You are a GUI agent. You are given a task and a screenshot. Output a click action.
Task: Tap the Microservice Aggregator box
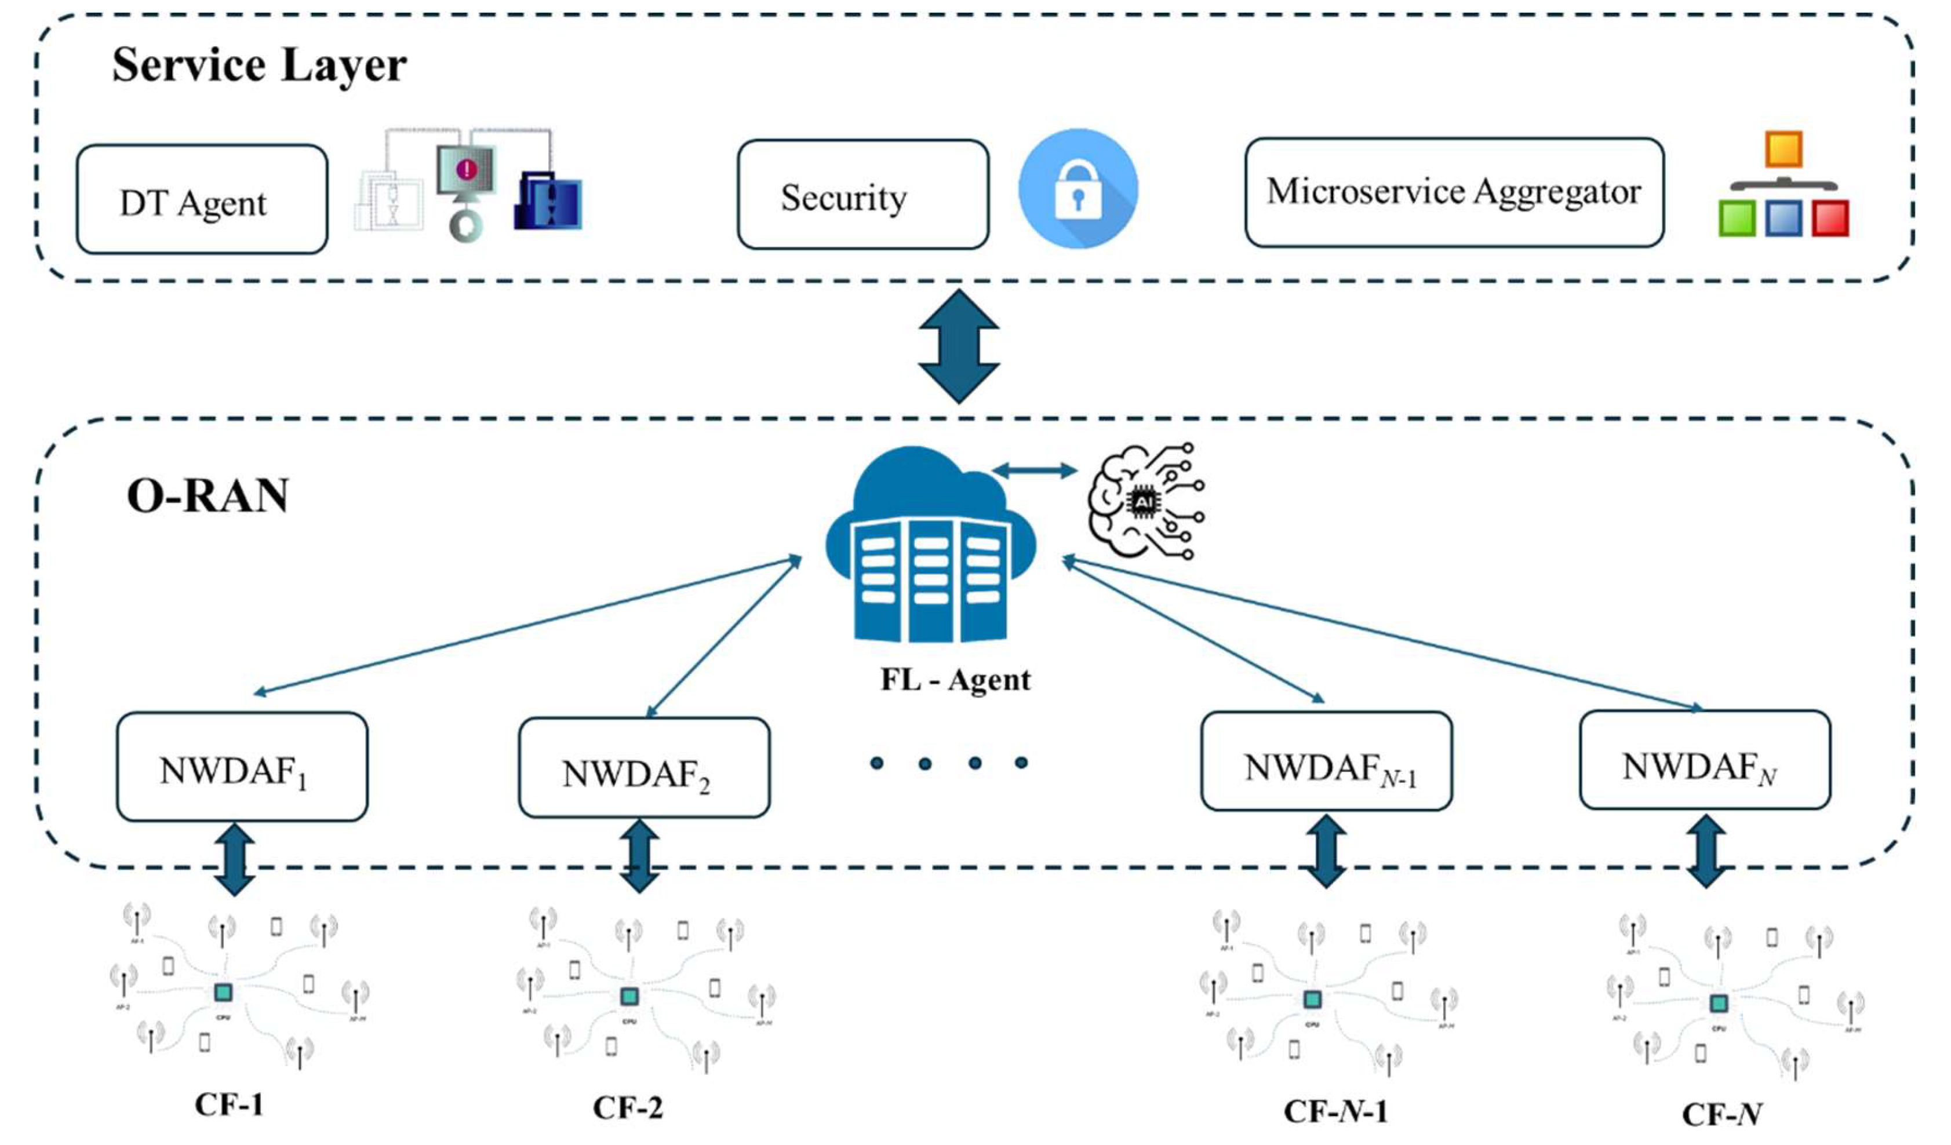pyautogui.click(x=1453, y=193)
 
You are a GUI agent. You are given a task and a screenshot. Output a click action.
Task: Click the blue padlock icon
pyautogui.click(x=1078, y=189)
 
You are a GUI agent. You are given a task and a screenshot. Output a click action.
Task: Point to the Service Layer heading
pyautogui.click(x=259, y=64)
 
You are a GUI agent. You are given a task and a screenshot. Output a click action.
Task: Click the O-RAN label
pyautogui.click(x=208, y=495)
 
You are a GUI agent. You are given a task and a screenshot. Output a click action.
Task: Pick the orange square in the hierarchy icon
pyautogui.click(x=1783, y=149)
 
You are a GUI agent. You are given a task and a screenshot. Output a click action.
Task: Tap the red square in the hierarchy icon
pyautogui.click(x=1830, y=218)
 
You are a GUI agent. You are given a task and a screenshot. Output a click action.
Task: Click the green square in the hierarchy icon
pyautogui.click(x=1737, y=218)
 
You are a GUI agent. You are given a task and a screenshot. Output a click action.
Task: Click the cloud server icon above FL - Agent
pyautogui.click(x=931, y=546)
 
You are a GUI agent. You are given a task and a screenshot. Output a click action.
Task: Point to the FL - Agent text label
pyautogui.click(x=955, y=680)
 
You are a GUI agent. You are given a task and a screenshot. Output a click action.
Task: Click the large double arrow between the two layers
pyautogui.click(x=959, y=346)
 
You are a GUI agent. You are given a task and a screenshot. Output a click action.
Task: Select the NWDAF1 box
pyautogui.click(x=242, y=767)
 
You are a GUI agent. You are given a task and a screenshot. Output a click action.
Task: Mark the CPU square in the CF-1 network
pyautogui.click(x=223, y=993)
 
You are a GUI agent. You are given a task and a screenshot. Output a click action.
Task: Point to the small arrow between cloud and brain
pyautogui.click(x=1035, y=470)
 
